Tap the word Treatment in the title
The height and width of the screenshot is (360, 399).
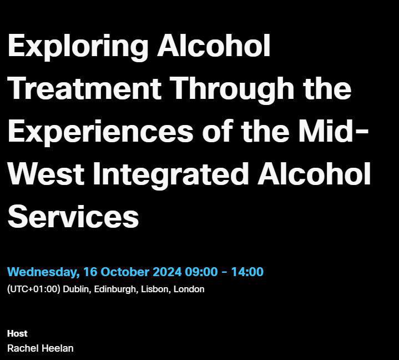85,88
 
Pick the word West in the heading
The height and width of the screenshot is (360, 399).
46,174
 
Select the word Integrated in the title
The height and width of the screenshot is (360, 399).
170,174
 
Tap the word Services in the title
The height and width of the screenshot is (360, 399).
73,216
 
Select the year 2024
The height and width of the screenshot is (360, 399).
167,272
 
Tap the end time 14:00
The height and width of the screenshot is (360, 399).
247,272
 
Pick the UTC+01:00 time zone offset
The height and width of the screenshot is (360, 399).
34,289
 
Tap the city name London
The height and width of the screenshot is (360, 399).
189,289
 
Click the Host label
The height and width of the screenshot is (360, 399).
17,333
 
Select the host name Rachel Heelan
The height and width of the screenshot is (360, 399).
40,348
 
